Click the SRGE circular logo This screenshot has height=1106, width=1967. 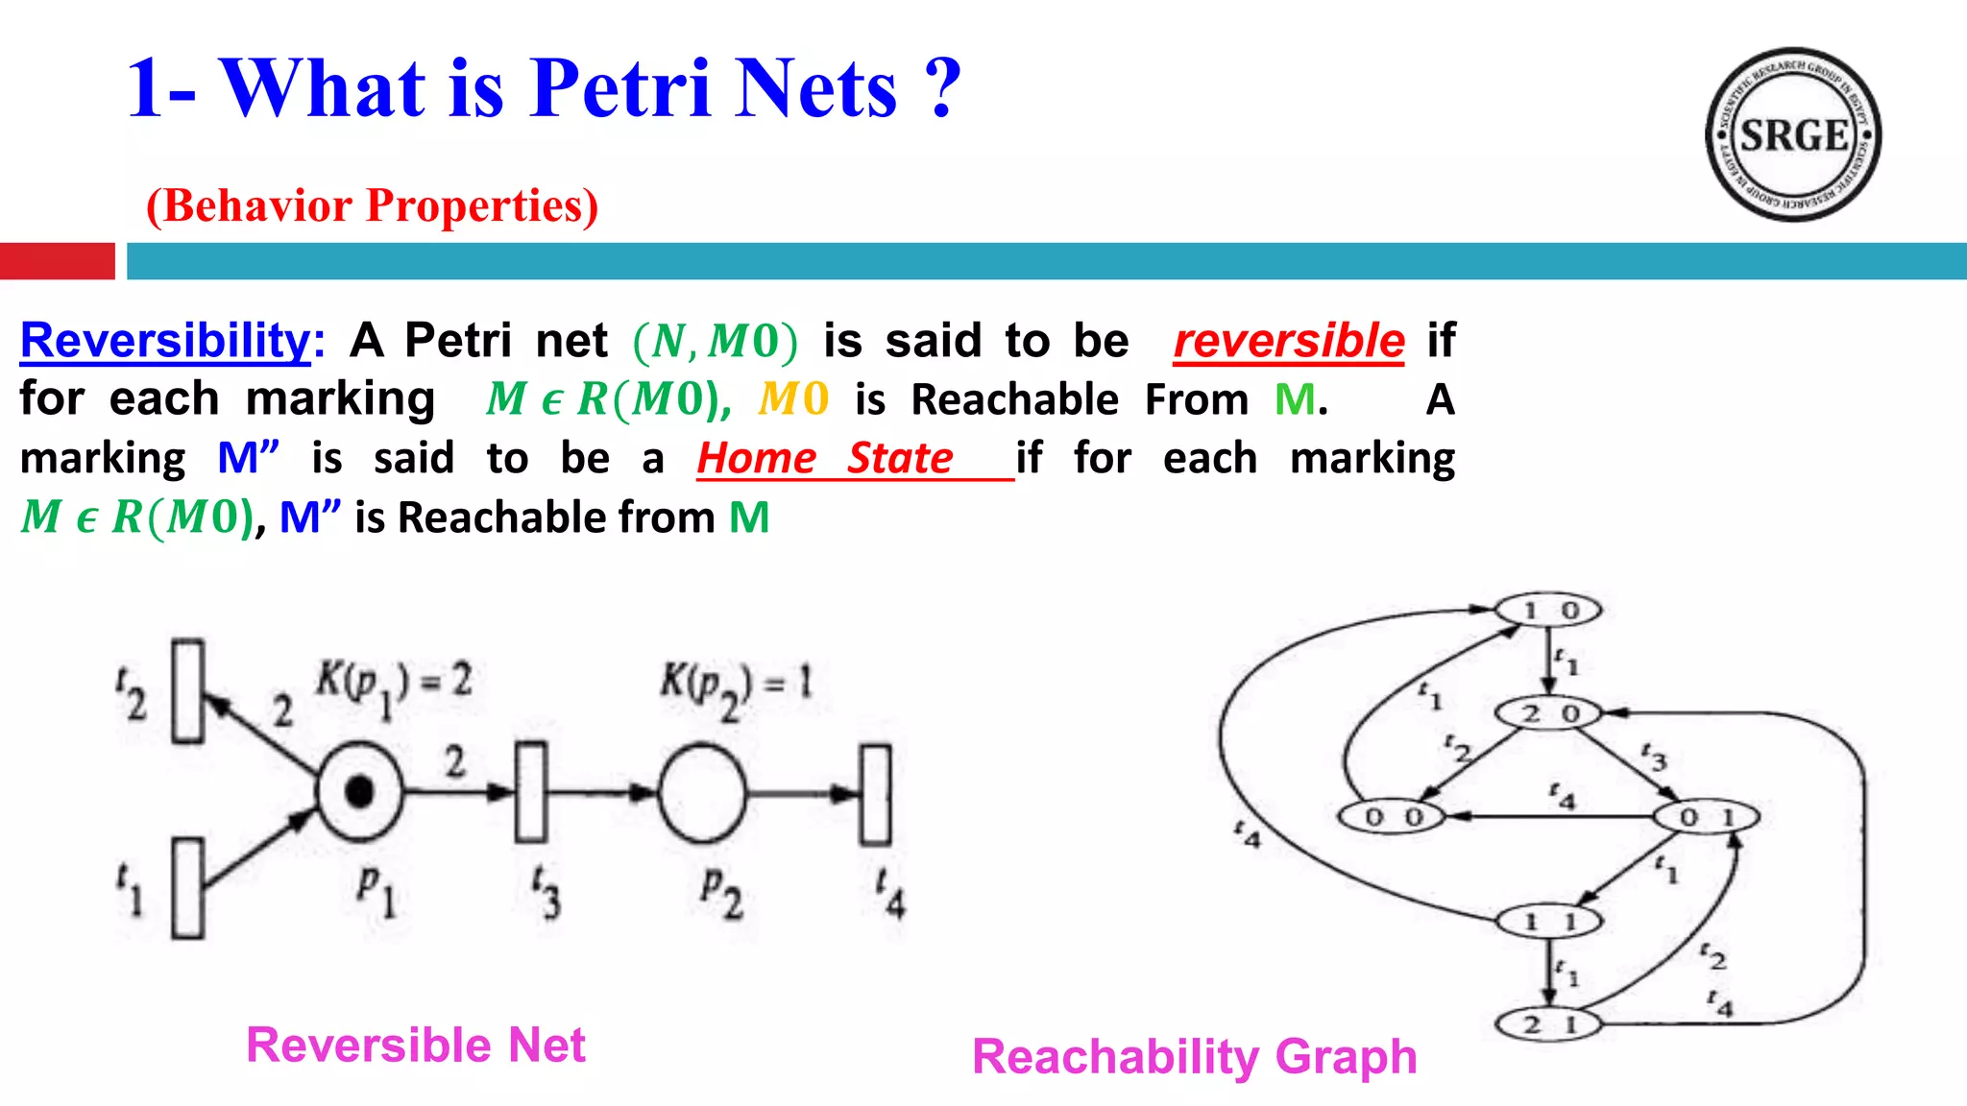coord(1793,134)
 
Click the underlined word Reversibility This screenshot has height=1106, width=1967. coord(165,340)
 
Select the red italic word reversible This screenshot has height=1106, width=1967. coord(1289,341)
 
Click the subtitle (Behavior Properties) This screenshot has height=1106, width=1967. coord(372,205)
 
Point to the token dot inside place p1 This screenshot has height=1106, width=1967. coord(360,792)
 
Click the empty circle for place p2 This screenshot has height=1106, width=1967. coord(702,793)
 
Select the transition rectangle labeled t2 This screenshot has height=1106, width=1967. coord(187,691)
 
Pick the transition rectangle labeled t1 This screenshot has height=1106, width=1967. coord(187,888)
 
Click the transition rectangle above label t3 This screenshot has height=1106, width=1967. coord(531,792)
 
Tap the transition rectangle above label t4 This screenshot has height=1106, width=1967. coord(875,794)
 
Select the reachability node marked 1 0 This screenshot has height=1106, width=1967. coord(1548,610)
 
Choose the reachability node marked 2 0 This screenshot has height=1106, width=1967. coord(1549,713)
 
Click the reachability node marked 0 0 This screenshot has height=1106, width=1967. coord(1393,817)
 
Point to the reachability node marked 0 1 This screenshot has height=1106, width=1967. coord(1706,817)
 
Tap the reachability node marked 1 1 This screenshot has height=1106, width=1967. coord(1549,922)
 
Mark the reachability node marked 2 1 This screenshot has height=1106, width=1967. coord(1549,1024)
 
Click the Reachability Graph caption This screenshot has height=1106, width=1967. coord(1194,1056)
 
